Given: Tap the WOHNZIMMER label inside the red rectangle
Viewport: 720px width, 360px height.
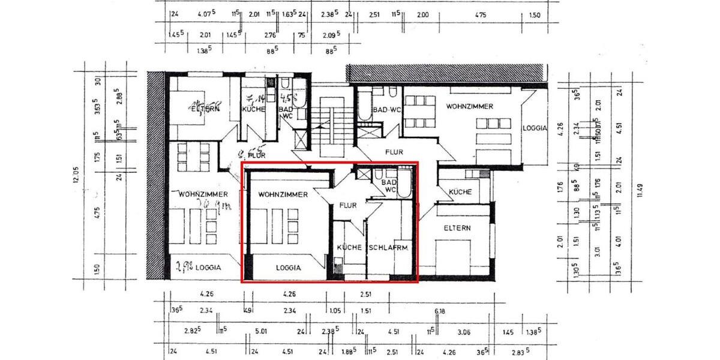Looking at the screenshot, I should click(x=283, y=195).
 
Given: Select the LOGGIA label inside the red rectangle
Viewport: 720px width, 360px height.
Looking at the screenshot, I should click(x=288, y=268).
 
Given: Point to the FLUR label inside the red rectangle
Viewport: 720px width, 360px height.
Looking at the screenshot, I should click(x=348, y=206).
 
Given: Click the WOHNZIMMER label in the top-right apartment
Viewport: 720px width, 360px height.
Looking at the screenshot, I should click(x=470, y=106).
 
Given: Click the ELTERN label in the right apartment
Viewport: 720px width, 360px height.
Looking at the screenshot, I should click(x=457, y=228).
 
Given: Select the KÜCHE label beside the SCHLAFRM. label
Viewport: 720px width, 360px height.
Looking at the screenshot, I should click(x=349, y=247).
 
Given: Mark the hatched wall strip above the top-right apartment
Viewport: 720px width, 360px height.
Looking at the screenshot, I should click(x=447, y=73).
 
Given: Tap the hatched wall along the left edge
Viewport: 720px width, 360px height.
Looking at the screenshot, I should click(x=155, y=174).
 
